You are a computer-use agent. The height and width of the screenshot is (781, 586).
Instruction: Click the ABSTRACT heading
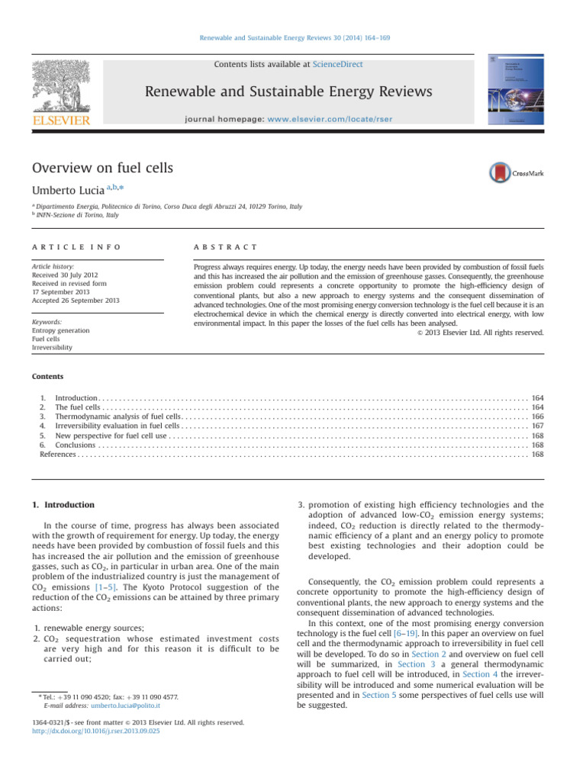pyautogui.click(x=225, y=248)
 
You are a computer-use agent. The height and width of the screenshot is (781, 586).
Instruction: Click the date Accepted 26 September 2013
pyautogui.click(x=76, y=301)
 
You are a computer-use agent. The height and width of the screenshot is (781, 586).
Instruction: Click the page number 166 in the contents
pyautogui.click(x=537, y=417)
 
